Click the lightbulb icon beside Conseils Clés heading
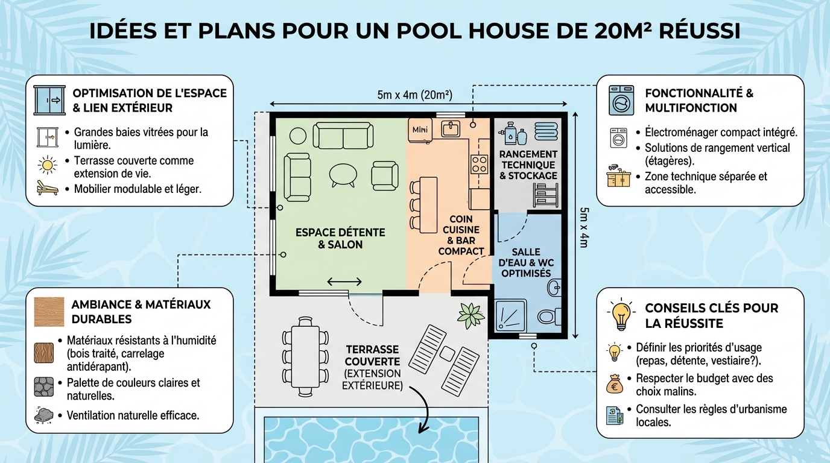621,314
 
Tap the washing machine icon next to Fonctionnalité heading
621,100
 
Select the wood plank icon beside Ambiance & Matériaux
49,312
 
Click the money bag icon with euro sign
615,383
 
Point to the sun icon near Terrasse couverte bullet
47,165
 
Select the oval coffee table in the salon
343,174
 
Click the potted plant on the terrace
470,315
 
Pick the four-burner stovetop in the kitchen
479,163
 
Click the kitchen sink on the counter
450,128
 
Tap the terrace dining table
306,356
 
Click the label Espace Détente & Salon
340,238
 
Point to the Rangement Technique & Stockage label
528,165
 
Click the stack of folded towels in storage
546,131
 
